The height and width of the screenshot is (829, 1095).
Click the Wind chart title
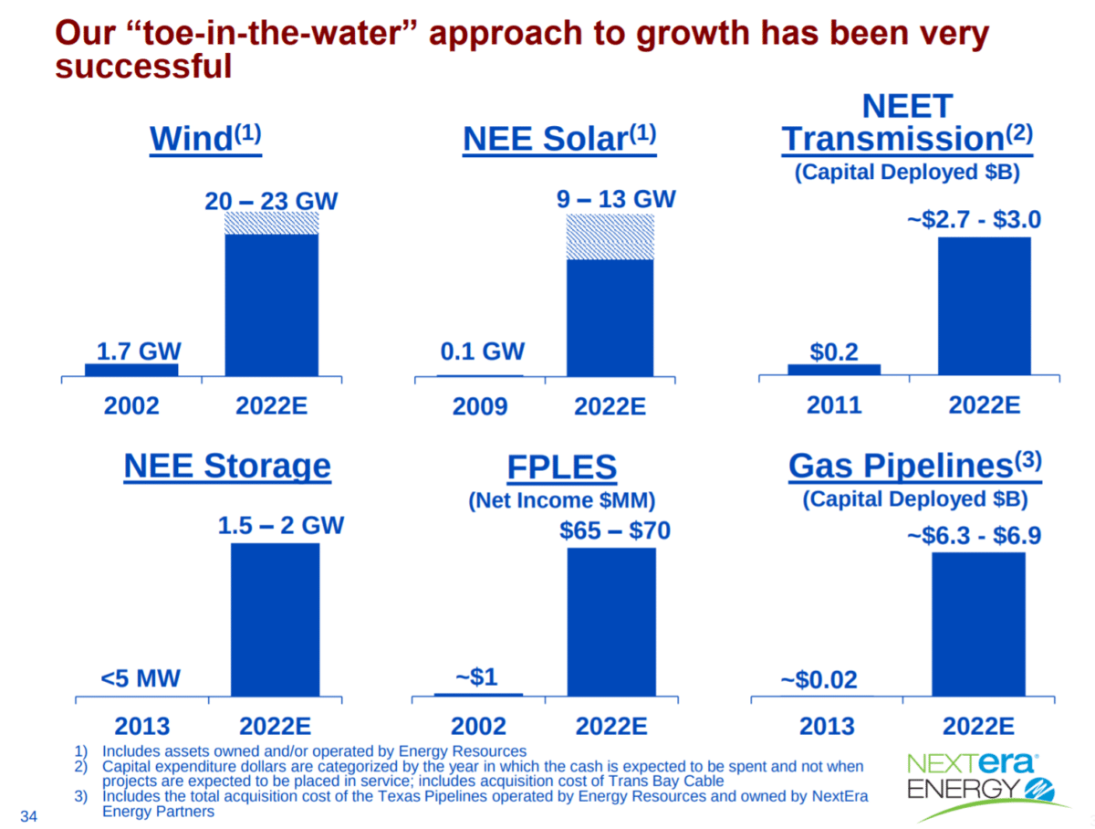(x=205, y=139)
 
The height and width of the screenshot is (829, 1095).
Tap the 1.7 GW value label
(x=138, y=352)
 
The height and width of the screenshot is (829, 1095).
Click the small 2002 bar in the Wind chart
(x=131, y=370)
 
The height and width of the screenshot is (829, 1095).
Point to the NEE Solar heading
(x=559, y=139)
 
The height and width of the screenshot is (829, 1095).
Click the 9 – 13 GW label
(x=616, y=198)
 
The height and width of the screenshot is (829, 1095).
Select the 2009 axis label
(x=480, y=405)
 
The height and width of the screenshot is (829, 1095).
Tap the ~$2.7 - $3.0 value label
(x=973, y=220)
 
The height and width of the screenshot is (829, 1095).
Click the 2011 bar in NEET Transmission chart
(x=834, y=370)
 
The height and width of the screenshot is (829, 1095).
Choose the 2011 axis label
(x=834, y=404)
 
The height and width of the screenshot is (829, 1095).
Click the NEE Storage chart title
(x=226, y=467)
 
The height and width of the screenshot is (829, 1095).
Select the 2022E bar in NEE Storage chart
(x=276, y=620)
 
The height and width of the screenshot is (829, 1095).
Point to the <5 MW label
(x=141, y=678)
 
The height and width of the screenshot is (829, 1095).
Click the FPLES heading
(x=561, y=468)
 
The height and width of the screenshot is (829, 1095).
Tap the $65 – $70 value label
(x=614, y=530)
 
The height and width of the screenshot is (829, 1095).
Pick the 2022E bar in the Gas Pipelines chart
(x=978, y=624)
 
